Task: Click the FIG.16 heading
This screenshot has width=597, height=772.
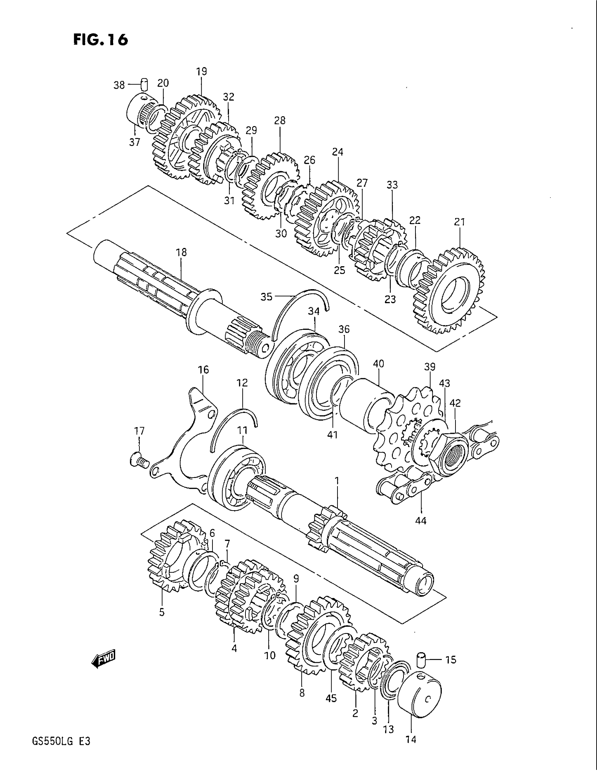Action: point(100,40)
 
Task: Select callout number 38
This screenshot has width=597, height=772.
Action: point(119,85)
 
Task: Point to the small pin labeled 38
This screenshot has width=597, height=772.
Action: point(144,85)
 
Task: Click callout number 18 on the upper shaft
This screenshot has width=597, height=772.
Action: point(181,253)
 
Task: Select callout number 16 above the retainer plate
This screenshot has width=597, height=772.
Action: point(203,370)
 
